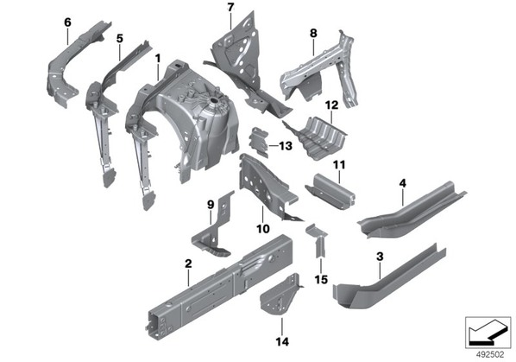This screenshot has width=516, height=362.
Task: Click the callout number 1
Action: pos(158,59)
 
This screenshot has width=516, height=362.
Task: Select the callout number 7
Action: pos(230,7)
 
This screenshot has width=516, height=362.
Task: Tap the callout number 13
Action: pos(286,146)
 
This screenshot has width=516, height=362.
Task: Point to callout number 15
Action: pos(321,280)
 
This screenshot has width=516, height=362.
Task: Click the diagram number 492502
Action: pos(490,355)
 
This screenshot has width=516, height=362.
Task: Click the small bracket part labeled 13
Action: pos(260,143)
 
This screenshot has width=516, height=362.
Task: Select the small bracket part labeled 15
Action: pos(318,240)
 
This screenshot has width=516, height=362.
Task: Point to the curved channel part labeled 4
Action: pos(412,211)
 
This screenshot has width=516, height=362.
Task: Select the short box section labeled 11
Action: pos(330,192)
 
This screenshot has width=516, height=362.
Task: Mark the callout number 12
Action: pos(331,105)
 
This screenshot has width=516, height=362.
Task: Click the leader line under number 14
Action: pos(282,327)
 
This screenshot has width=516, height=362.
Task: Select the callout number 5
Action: pos(120,39)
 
